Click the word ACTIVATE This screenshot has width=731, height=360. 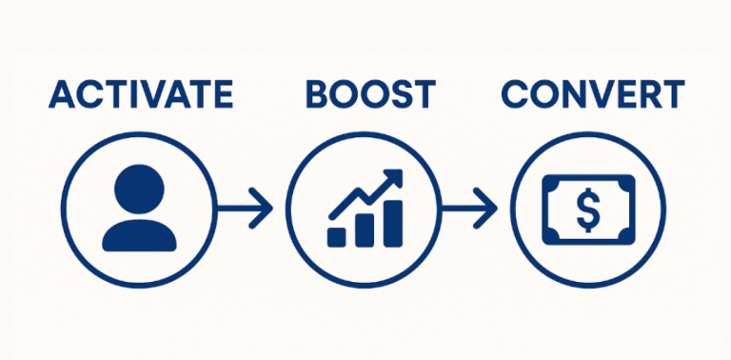pos(141,94)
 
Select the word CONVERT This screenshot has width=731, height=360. pos(592,94)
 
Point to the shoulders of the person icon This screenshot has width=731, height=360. pos(139,234)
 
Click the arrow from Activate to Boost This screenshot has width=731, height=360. pos(246,208)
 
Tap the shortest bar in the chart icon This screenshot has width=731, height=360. pos(336,236)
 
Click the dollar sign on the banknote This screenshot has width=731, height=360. pos(587,209)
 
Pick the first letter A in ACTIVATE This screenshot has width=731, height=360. pos(64,94)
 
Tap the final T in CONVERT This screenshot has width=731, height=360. pos(672,94)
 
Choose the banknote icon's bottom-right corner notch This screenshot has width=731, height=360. pos(628,235)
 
